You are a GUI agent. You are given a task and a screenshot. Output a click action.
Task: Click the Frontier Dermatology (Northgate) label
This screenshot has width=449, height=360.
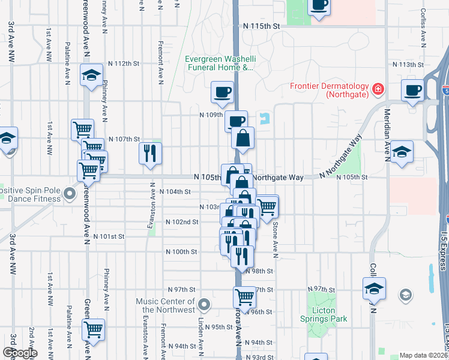(330, 90)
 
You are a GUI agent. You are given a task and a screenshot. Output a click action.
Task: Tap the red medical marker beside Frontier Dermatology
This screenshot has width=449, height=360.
(378, 90)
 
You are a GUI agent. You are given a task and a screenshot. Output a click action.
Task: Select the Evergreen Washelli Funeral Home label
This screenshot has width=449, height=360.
(219, 64)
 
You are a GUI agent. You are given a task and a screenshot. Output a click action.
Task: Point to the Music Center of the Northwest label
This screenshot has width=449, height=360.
(166, 305)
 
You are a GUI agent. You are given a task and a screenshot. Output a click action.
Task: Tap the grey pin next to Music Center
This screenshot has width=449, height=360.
(204, 305)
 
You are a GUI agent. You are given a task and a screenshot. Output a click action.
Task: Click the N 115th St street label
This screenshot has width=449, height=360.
(258, 26)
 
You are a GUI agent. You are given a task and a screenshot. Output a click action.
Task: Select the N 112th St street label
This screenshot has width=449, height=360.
(124, 64)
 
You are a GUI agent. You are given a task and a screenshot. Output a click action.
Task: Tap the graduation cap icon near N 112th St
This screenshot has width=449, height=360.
(91, 76)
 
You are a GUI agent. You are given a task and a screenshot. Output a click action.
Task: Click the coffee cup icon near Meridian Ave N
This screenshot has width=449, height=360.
(412, 91)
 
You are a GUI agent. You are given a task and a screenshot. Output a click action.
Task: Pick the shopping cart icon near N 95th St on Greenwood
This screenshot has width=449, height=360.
(94, 329)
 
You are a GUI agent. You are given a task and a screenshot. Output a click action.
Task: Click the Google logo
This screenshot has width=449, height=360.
(20, 353)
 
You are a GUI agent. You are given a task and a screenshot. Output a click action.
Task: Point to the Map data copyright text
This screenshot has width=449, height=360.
(424, 355)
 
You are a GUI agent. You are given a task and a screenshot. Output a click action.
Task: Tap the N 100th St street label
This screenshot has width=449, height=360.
(181, 252)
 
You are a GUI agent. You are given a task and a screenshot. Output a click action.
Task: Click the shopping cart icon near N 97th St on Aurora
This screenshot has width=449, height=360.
(244, 296)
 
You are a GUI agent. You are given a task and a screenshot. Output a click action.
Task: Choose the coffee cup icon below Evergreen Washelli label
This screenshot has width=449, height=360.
(222, 92)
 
